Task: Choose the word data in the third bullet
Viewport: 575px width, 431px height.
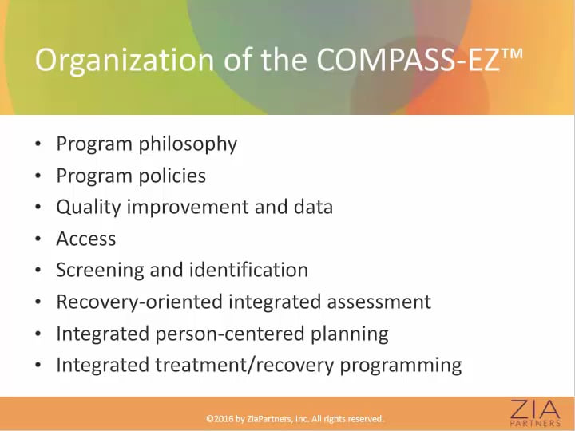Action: click(x=311, y=208)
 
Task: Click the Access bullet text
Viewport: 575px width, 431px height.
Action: click(x=86, y=239)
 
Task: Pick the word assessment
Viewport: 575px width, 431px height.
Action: click(x=376, y=302)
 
